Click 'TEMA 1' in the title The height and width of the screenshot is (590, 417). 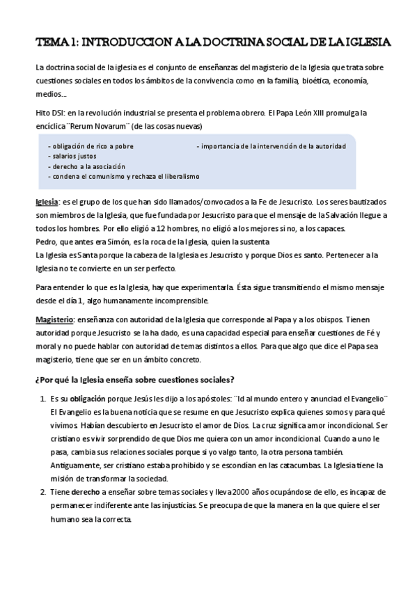[x=56, y=42]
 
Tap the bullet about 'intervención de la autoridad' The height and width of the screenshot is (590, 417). [x=272, y=147]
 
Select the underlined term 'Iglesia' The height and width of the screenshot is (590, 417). [x=47, y=202]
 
